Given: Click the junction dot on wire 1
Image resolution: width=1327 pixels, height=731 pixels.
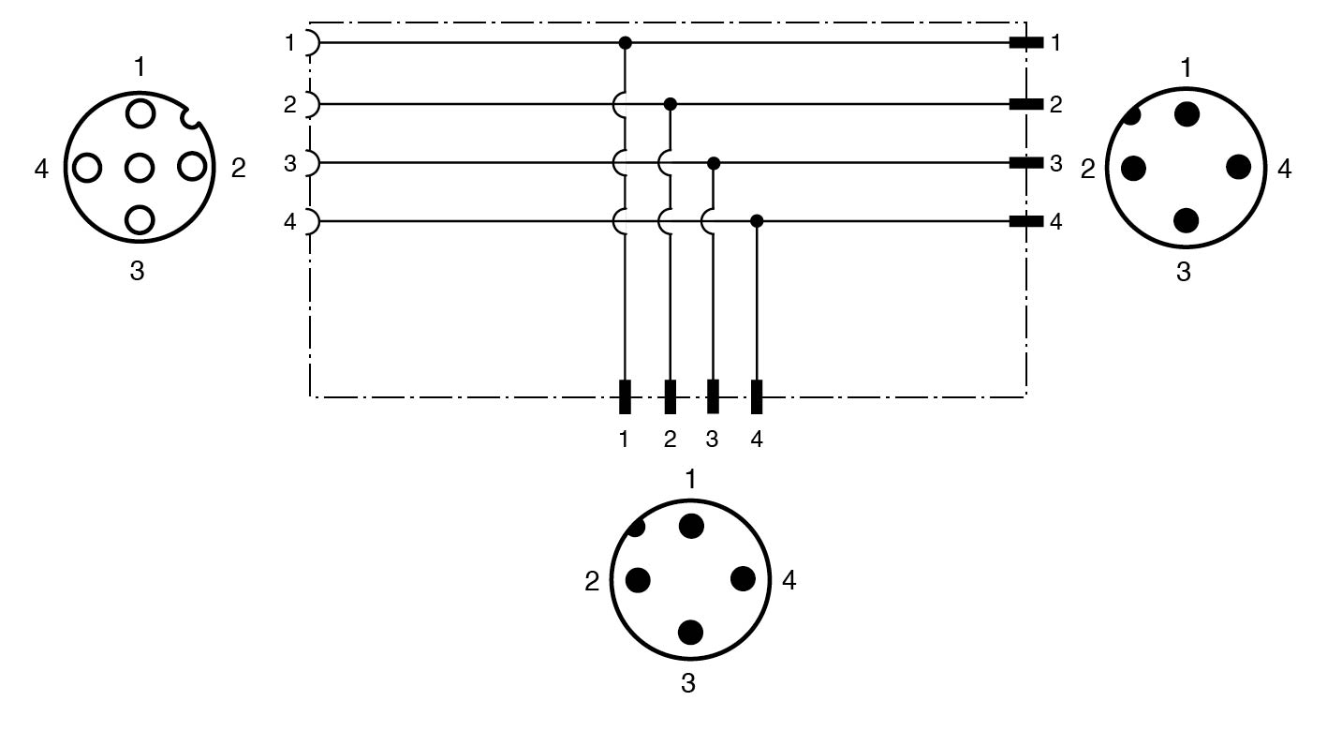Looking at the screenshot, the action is coord(625,43).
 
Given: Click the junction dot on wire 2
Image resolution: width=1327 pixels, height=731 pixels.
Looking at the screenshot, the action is coord(670,104).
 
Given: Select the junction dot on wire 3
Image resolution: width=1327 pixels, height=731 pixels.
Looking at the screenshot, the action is coord(714,163).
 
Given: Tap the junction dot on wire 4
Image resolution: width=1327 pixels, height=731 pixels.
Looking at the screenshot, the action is coord(757,221).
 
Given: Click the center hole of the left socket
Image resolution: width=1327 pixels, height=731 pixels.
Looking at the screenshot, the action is coord(140,168).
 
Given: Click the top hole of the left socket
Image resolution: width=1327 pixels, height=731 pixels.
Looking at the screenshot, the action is coord(140,113).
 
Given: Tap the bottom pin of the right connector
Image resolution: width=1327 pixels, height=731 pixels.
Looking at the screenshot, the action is coord(1186,220).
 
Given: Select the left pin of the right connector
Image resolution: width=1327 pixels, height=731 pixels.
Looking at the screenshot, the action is coord(1133,169).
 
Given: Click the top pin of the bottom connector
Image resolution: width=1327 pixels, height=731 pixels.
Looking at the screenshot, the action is coord(691,526).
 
